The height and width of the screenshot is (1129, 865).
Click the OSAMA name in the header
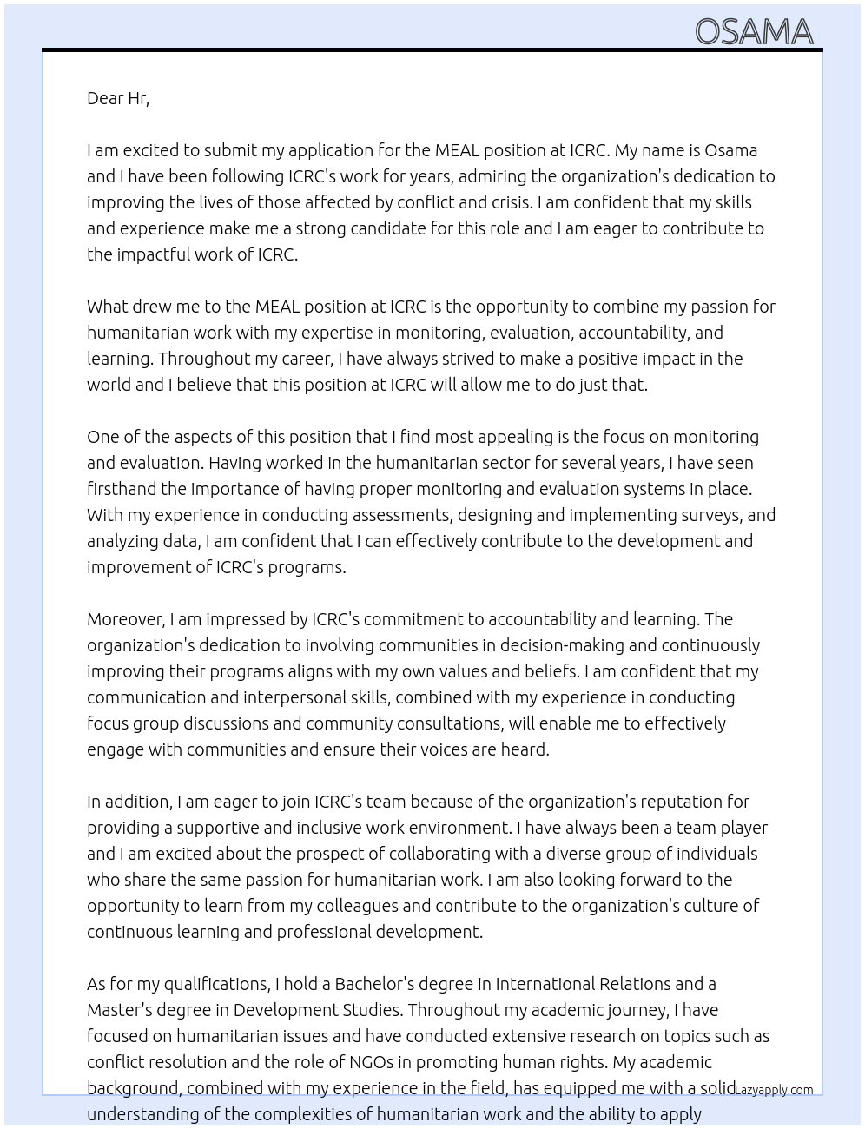(x=754, y=32)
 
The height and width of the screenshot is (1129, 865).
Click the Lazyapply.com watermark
(x=774, y=1090)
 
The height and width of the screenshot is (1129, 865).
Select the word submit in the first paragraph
(x=230, y=150)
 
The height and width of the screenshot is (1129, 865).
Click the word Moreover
(x=125, y=619)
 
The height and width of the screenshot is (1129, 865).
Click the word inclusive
(x=330, y=828)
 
